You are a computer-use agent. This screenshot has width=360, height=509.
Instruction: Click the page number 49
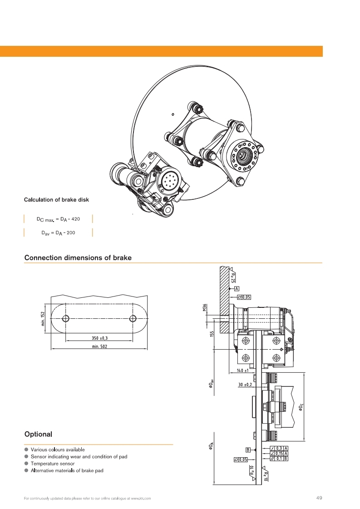pyautogui.click(x=319, y=498)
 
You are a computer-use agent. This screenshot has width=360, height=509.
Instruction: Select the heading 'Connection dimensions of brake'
pyautogui.click(x=78, y=257)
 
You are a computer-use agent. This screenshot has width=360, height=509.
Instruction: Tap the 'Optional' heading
pyautogui.click(x=39, y=434)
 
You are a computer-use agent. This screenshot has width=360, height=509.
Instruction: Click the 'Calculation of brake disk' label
pyautogui.click(x=59, y=199)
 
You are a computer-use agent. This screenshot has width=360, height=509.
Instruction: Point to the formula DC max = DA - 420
pyautogui.click(x=58, y=219)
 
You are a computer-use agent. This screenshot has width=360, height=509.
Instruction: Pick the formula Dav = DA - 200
pyautogui.click(x=58, y=233)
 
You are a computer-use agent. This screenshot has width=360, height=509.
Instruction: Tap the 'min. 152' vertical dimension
pyautogui.click(x=43, y=318)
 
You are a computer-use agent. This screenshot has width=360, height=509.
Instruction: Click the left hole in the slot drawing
pyautogui.click(x=66, y=318)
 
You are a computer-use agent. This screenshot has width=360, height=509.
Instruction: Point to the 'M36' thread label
pyautogui.click(x=205, y=308)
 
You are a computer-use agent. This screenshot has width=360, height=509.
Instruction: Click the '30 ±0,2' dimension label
pyautogui.click(x=245, y=385)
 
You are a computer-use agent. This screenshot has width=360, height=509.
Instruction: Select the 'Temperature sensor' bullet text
pyautogui.click(x=53, y=464)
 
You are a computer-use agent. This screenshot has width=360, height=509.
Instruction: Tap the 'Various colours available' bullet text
pyautogui.click(x=58, y=450)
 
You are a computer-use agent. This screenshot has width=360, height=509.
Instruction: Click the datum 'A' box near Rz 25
pyautogui.click(x=237, y=288)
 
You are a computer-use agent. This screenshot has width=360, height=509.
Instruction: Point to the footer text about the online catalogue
pyautogui.click(x=87, y=499)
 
